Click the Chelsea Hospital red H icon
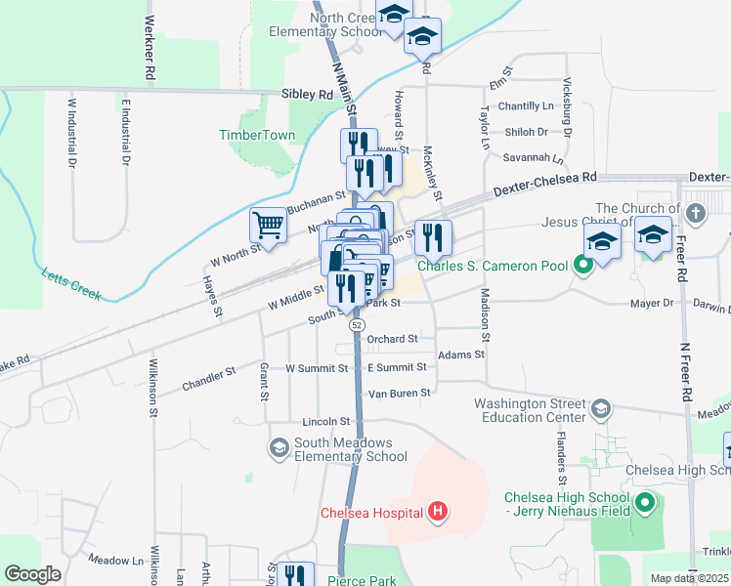(439, 512)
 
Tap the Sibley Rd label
(307, 95)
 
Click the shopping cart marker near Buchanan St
(268, 226)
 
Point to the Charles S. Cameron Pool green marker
(583, 265)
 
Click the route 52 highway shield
(358, 324)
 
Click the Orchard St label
(392, 339)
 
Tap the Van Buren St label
(399, 394)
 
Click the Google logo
(33, 574)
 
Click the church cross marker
(695, 214)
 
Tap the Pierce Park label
(362, 580)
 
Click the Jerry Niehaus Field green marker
(644, 504)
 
